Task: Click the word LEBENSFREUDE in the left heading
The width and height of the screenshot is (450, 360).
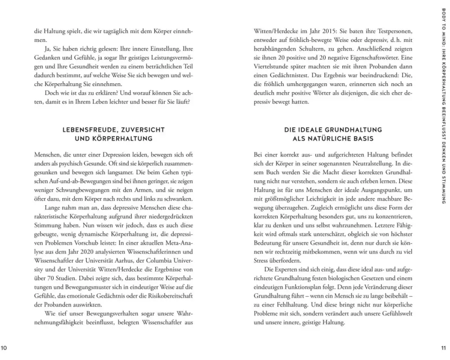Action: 85,130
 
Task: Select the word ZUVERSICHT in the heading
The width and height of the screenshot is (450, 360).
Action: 134,130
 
